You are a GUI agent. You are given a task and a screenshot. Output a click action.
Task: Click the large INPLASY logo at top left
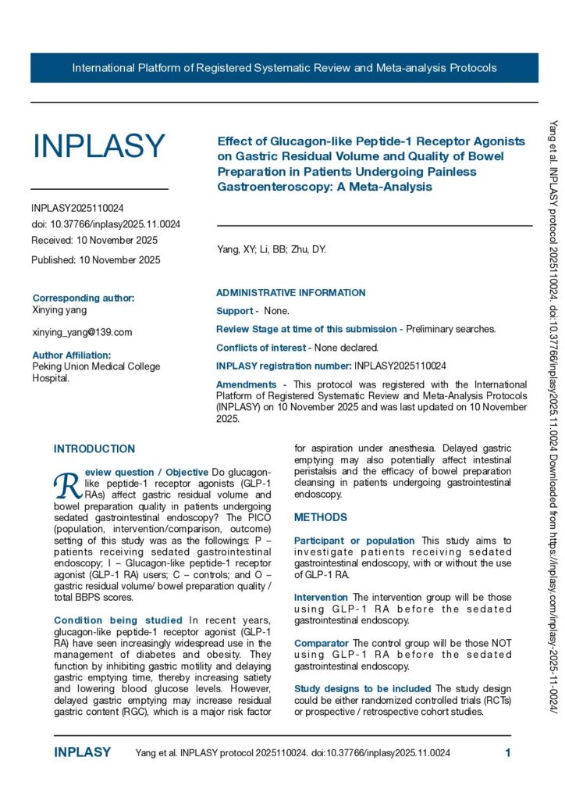98,147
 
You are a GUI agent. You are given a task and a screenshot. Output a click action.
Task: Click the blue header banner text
284,68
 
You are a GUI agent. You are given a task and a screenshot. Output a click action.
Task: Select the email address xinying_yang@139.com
82,332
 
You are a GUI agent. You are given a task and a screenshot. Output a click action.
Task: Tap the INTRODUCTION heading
94,449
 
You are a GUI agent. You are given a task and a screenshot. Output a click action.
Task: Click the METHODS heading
321,517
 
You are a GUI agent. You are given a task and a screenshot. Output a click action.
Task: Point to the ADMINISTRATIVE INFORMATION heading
290,293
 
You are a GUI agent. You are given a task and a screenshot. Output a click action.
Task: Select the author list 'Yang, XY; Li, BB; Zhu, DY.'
272,250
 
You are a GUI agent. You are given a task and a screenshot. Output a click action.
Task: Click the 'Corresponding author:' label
83,298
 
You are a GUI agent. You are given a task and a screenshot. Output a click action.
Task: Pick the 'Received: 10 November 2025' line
94,240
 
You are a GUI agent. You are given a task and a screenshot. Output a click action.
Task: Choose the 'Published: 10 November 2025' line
96,260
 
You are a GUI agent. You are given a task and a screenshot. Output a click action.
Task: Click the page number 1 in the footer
508,752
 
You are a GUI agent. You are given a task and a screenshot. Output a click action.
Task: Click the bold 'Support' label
235,311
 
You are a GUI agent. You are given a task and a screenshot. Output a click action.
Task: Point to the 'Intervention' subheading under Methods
321,598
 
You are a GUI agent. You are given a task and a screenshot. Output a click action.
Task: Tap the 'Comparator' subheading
321,643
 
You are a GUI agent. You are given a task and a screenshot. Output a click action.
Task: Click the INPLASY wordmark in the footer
82,752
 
